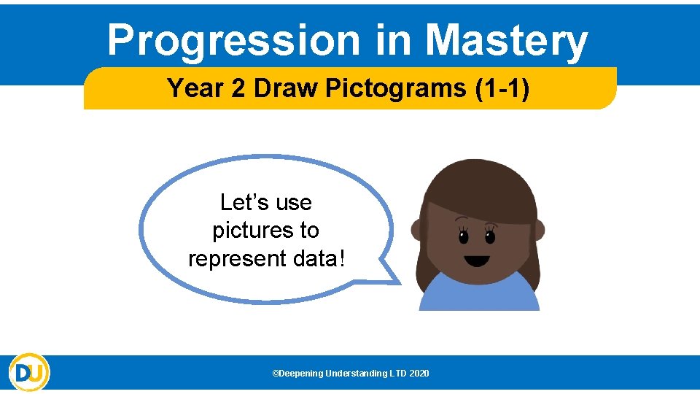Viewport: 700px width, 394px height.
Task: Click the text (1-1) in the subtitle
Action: pyautogui.click(x=502, y=88)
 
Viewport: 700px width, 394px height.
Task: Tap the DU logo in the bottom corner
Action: pyautogui.click(x=29, y=372)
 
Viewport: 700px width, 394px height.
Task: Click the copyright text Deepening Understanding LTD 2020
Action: pyautogui.click(x=351, y=374)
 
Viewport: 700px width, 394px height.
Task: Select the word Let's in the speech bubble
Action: pyautogui.click(x=243, y=202)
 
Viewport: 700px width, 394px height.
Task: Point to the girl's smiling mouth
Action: pyautogui.click(x=477, y=260)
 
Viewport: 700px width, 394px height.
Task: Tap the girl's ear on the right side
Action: pyautogui.click(x=539, y=230)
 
